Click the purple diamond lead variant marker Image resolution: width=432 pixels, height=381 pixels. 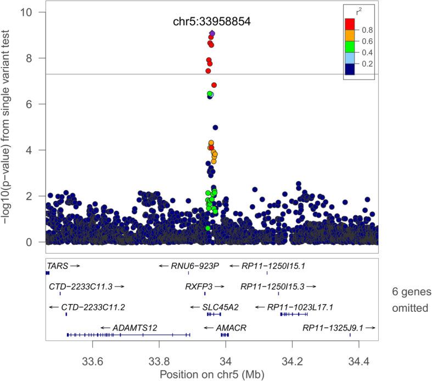point(212,33)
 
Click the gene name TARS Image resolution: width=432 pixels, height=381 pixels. point(58,266)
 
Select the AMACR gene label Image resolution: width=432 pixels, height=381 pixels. point(231,327)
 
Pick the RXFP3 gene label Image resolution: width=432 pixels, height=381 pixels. point(199,286)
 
